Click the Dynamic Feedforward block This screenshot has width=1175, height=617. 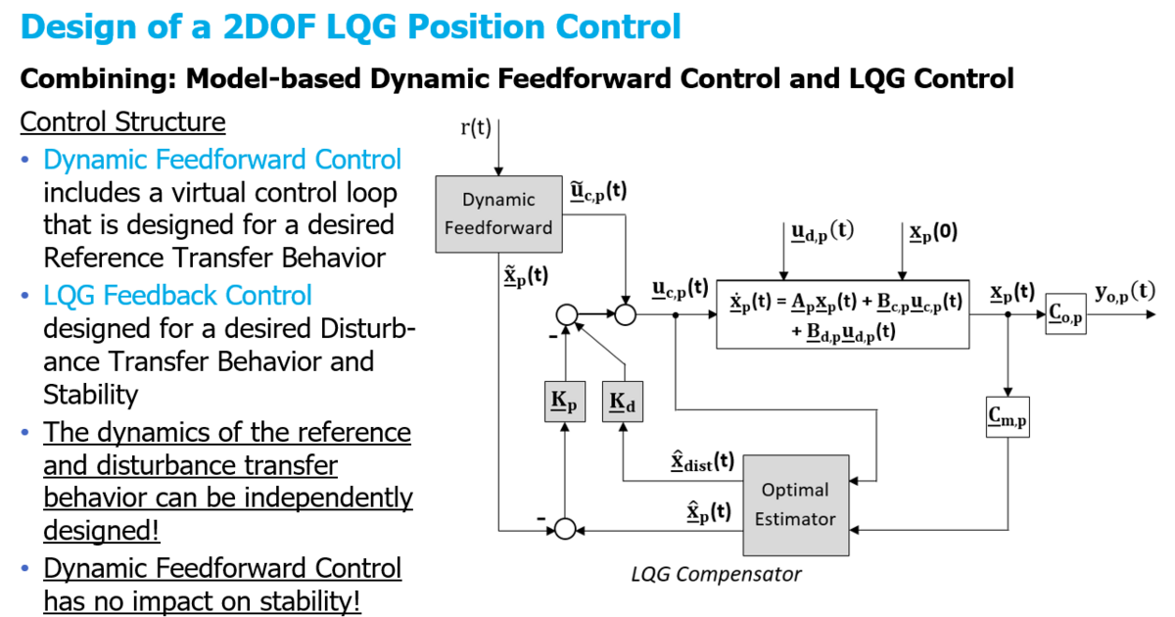pos(498,213)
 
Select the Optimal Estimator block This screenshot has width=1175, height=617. pos(795,503)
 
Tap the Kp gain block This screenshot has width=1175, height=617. pos(563,401)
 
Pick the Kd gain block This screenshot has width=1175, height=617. pos(623,401)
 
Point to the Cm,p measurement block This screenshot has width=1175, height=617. pos(1009,416)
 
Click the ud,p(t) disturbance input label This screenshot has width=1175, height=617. pos(822,232)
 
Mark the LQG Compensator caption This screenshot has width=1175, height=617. pos(716,574)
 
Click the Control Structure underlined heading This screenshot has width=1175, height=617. pos(123,122)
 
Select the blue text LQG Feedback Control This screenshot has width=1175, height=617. pos(177,295)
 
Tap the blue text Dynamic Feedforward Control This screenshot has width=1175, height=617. pos(222,160)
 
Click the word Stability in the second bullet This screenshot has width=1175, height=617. pos(90,395)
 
